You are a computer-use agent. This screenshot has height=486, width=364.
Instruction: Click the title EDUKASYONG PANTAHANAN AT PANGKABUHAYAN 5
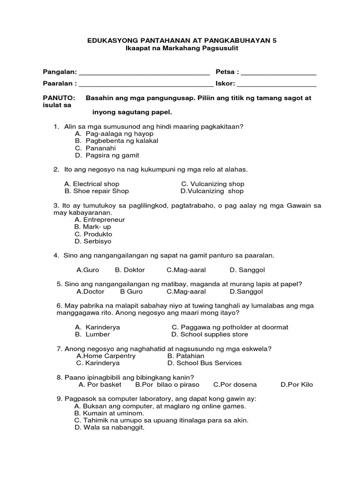pos(182,41)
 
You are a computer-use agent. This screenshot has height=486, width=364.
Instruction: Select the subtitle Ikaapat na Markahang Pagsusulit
pos(182,49)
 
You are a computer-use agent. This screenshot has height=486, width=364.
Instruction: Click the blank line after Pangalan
pos(144,74)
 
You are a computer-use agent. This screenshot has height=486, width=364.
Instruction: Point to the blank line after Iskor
pos(276,85)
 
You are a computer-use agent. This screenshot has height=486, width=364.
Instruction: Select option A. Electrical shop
pos(91,184)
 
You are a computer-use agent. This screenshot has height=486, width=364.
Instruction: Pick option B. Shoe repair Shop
pos(96,191)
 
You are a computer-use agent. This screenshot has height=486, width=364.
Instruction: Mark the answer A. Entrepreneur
pos(100,220)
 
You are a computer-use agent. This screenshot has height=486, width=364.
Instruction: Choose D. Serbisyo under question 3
pos(93,241)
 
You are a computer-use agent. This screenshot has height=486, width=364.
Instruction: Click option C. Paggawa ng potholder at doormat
pos(230,327)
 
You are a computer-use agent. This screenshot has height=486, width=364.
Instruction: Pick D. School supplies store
pos(209,334)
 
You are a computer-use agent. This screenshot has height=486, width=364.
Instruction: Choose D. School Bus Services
pos(204,363)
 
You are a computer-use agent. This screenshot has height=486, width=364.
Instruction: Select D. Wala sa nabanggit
pos(109,427)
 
